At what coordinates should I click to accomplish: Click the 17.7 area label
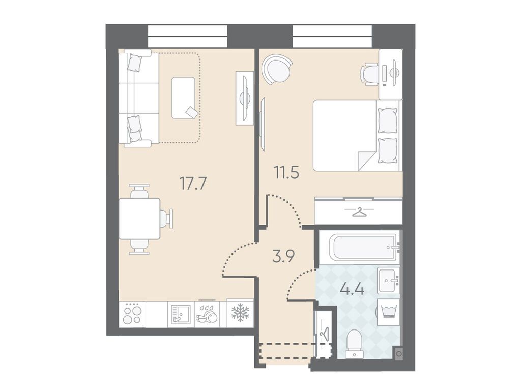193,184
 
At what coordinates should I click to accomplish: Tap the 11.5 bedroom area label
286,173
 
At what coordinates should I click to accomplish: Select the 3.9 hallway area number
283,256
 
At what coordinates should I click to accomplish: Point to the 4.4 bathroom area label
352,289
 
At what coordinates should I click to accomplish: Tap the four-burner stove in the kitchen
132,314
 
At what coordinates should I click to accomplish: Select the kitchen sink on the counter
181,314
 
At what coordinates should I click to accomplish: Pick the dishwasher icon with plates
207,314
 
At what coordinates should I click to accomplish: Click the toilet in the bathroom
354,344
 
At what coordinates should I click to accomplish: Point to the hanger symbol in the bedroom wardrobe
359,212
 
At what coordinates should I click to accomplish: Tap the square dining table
139,219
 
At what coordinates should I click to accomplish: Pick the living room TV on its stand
245,98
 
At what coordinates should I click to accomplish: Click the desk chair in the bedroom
370,74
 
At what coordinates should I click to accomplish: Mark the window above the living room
188,37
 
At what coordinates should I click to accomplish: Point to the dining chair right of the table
166,219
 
